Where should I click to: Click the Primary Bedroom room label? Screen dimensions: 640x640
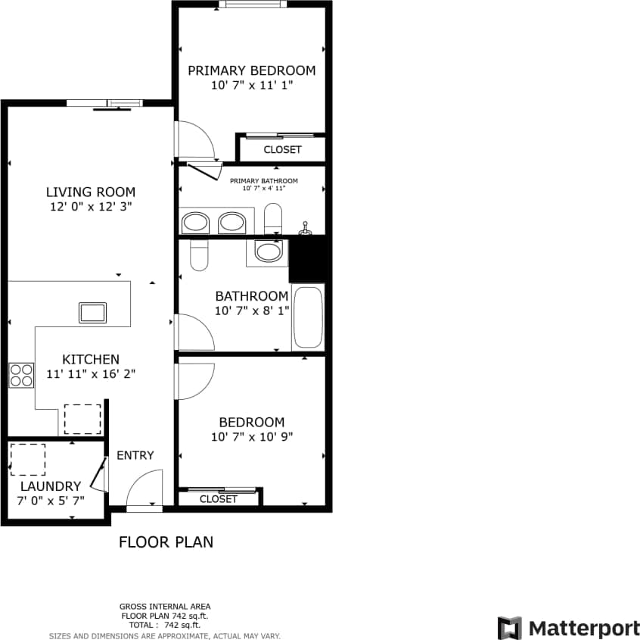click(x=251, y=70)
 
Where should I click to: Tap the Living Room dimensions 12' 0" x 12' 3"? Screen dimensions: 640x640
click(x=91, y=206)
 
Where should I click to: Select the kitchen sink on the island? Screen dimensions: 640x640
click(x=92, y=312)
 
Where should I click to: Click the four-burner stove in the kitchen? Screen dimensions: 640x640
click(x=21, y=375)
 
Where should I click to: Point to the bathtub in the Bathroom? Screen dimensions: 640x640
click(x=309, y=317)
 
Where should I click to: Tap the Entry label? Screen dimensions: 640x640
click(x=135, y=455)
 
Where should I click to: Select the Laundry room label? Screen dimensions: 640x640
click(x=51, y=486)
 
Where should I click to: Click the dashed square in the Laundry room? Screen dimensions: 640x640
click(x=27, y=459)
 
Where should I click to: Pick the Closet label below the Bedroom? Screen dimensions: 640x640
click(x=219, y=499)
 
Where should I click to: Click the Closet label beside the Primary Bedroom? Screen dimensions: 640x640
click(x=282, y=149)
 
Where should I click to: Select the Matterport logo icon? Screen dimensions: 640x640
click(x=510, y=628)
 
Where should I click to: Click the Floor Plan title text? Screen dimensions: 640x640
click(x=166, y=542)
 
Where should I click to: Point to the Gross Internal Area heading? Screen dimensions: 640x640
click(x=165, y=606)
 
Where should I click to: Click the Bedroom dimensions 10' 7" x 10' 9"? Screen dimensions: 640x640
click(x=252, y=436)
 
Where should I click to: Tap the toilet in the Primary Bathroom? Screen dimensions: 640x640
click(x=273, y=218)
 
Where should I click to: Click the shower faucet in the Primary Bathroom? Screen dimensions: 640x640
click(x=306, y=227)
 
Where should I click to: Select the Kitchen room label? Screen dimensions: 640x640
click(x=91, y=359)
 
